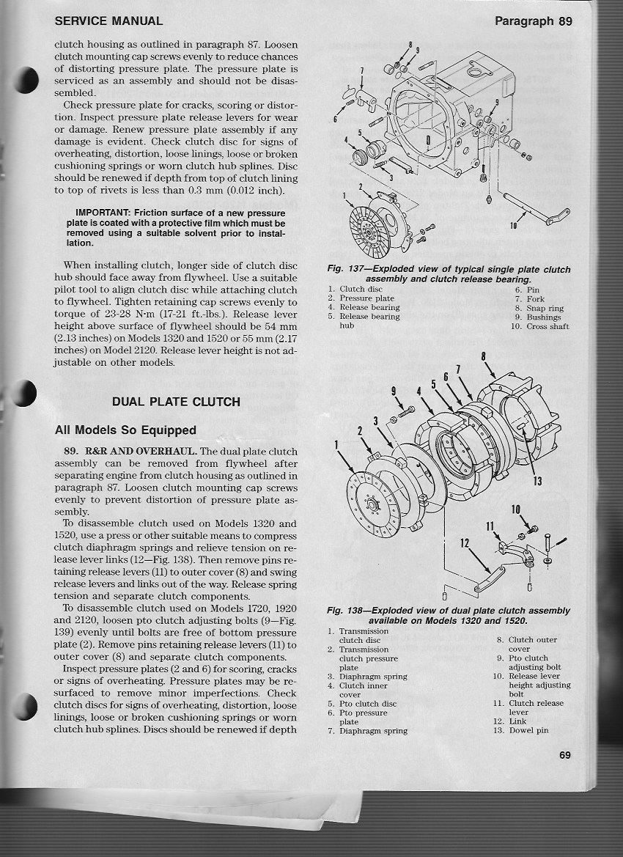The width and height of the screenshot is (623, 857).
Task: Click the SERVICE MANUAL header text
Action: point(108,21)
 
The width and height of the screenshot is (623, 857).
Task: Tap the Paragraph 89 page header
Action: point(533,21)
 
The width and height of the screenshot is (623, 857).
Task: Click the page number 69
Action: point(564,756)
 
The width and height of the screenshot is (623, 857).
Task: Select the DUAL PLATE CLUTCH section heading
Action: point(176,402)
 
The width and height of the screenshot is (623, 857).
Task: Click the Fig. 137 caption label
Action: point(344,270)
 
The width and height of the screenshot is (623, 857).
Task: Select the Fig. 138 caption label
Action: point(344,611)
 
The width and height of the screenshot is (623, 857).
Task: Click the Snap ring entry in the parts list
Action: point(545,308)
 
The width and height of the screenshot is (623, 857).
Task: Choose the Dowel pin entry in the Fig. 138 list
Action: point(528,730)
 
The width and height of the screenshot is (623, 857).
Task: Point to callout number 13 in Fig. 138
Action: point(537,481)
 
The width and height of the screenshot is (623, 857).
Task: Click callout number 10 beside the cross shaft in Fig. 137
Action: point(513,227)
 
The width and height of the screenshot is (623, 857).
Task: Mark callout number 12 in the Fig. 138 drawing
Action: point(463,544)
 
